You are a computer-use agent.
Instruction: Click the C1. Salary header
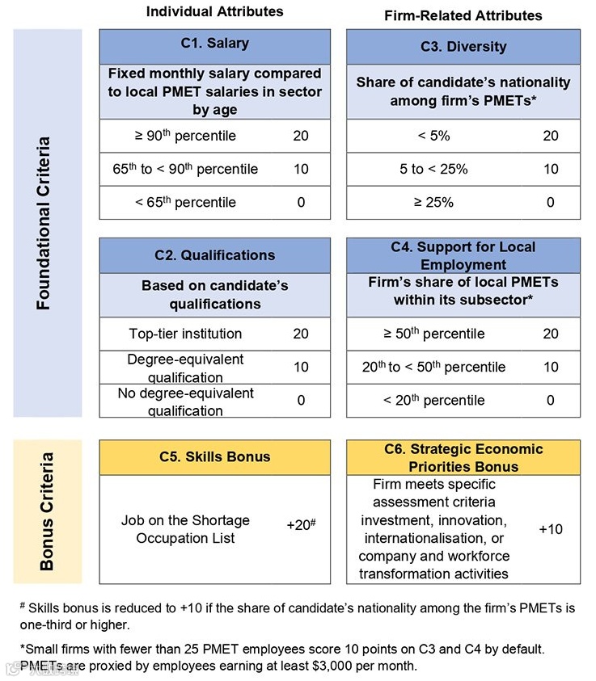coord(214,44)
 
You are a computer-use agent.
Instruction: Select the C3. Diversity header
coord(463,46)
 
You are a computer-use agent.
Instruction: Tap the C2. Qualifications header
coord(214,255)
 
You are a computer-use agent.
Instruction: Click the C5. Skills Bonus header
coord(214,456)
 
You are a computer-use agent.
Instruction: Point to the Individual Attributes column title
coord(214,11)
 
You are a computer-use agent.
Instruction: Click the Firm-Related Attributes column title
coord(463,15)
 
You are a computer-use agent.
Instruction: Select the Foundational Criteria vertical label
coord(45,223)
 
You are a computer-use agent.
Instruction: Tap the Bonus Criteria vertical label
coord(46,511)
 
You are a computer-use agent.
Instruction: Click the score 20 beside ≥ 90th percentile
coord(301,136)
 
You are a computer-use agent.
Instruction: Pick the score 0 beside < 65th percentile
coord(301,202)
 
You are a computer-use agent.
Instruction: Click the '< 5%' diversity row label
coord(433,136)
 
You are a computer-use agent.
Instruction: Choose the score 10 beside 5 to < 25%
coord(550,169)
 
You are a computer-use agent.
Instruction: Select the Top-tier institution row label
coord(185,334)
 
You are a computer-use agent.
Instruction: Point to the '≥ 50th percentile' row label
coord(435,334)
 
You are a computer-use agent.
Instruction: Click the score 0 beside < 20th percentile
coord(550,400)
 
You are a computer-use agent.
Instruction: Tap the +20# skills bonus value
coord(301,524)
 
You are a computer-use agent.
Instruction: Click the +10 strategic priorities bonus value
coord(550,529)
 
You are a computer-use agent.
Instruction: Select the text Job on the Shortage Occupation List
coord(185,529)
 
